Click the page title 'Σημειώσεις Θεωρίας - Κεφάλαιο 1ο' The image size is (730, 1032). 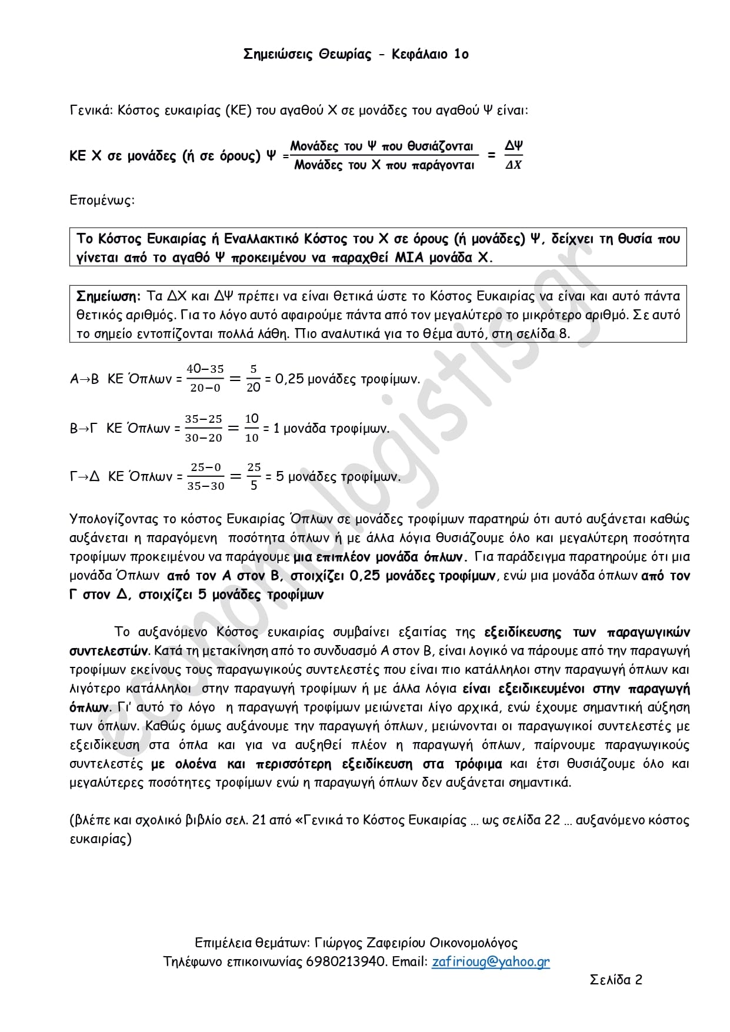tap(356, 55)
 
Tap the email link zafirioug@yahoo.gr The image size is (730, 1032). tap(491, 961)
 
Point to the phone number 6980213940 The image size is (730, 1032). tap(347, 961)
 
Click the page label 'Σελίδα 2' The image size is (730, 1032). tap(616, 980)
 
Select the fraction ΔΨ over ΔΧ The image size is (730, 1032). tap(514, 155)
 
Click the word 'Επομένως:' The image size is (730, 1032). tap(102, 200)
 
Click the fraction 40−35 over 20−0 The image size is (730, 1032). tap(205, 378)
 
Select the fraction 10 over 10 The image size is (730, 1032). tap(252, 428)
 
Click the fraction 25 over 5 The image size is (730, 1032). tap(254, 476)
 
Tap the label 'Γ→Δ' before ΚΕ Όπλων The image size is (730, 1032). tap(85, 477)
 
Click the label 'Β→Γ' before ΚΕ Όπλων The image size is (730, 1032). tap(84, 429)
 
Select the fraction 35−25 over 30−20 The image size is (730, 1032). tap(204, 428)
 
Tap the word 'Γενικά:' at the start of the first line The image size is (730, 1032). tap(91, 111)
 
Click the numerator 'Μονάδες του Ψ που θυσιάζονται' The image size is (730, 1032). tap(382, 146)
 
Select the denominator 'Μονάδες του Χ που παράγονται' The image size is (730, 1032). tap(384, 165)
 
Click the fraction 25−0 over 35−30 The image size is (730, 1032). tap(206, 476)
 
